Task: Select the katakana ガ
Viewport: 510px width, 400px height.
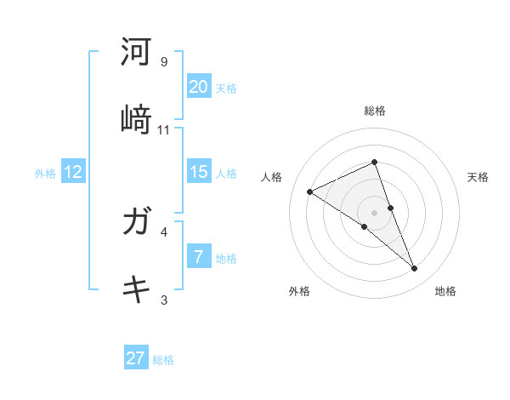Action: pyautogui.click(x=137, y=223)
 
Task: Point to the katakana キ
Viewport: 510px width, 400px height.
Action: pyautogui.click(x=137, y=289)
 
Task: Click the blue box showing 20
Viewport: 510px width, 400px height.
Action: pyautogui.click(x=199, y=87)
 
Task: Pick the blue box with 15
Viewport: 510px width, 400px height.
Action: pyautogui.click(x=199, y=172)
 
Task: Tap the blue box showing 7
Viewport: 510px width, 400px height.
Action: pyautogui.click(x=199, y=257)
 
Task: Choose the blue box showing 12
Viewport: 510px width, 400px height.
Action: pyautogui.click(x=73, y=172)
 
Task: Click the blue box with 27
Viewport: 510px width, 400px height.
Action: pyautogui.click(x=136, y=358)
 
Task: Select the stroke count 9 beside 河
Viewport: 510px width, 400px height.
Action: pyautogui.click(x=164, y=62)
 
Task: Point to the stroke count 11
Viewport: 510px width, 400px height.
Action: pyautogui.click(x=164, y=129)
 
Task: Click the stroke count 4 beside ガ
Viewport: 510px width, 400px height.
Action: pyautogui.click(x=164, y=231)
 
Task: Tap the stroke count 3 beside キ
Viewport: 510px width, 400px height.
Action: pyautogui.click(x=164, y=300)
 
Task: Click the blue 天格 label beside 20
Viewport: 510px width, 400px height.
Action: pyautogui.click(x=226, y=88)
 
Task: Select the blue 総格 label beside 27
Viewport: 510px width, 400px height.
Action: pyautogui.click(x=163, y=359)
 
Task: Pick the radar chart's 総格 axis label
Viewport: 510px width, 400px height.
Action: pyautogui.click(x=375, y=111)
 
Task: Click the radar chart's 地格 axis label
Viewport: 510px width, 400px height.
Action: pyautogui.click(x=445, y=291)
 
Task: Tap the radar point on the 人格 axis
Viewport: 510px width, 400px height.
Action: pyautogui.click(x=310, y=191)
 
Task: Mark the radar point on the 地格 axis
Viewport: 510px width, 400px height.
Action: pyautogui.click(x=415, y=269)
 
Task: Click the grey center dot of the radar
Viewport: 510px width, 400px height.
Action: pyautogui.click(x=375, y=213)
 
